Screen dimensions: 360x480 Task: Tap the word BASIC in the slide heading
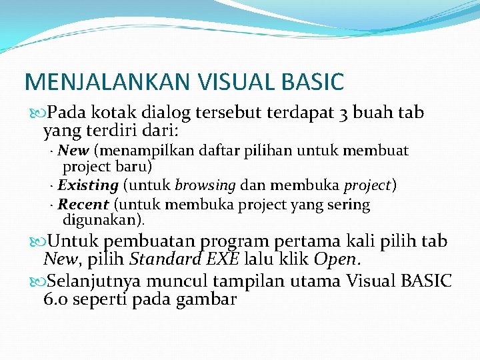310,82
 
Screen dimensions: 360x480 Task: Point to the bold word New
74,151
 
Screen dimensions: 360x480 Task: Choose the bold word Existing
88,185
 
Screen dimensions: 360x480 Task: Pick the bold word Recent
83,205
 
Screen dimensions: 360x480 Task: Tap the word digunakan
102,219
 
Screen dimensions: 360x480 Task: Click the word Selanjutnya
109,281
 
